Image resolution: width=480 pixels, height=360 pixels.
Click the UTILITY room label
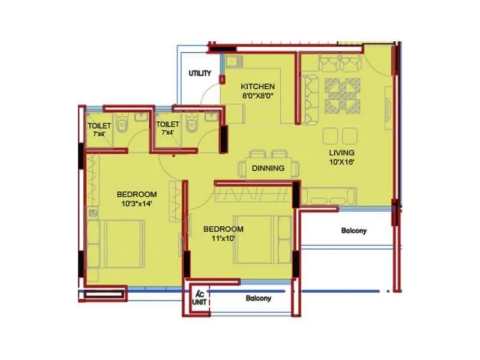200,73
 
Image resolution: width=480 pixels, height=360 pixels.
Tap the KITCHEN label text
258,86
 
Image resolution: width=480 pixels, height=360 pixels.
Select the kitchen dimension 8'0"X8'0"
258,95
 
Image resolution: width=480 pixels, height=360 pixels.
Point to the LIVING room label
341,152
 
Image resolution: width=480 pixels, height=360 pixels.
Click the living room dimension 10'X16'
341,161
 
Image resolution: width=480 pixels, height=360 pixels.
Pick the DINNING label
268,168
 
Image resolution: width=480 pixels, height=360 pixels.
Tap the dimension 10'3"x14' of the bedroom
137,203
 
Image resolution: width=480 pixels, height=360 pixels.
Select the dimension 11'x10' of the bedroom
223,238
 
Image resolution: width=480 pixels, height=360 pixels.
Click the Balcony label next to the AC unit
259,298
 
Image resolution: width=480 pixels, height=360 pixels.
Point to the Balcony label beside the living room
353,230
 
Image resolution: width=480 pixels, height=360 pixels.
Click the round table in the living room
343,95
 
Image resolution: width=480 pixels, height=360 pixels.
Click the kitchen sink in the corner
232,61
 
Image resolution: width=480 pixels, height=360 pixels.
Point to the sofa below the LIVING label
329,196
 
